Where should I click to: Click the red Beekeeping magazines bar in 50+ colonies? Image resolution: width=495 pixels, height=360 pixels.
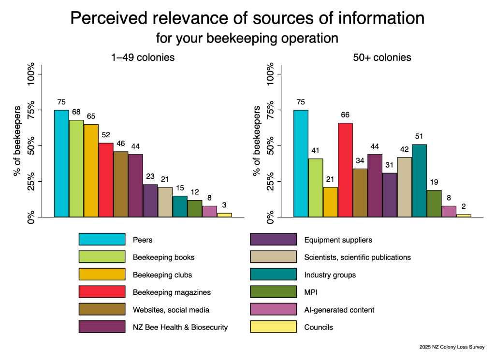(345, 170)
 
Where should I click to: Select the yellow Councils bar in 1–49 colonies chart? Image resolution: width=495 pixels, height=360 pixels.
(224, 215)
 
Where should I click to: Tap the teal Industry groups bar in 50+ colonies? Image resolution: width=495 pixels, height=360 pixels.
(419, 180)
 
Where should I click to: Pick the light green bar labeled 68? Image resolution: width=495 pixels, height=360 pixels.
(76, 168)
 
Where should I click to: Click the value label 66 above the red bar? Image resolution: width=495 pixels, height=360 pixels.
(345, 115)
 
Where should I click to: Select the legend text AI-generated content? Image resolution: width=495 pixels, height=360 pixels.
(339, 310)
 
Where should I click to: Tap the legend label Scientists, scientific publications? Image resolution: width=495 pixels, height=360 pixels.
(357, 257)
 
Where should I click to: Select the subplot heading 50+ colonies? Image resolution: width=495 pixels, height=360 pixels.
(381, 58)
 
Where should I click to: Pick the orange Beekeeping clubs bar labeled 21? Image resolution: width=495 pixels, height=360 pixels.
(330, 202)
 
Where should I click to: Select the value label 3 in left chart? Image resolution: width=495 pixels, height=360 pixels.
(224, 205)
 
